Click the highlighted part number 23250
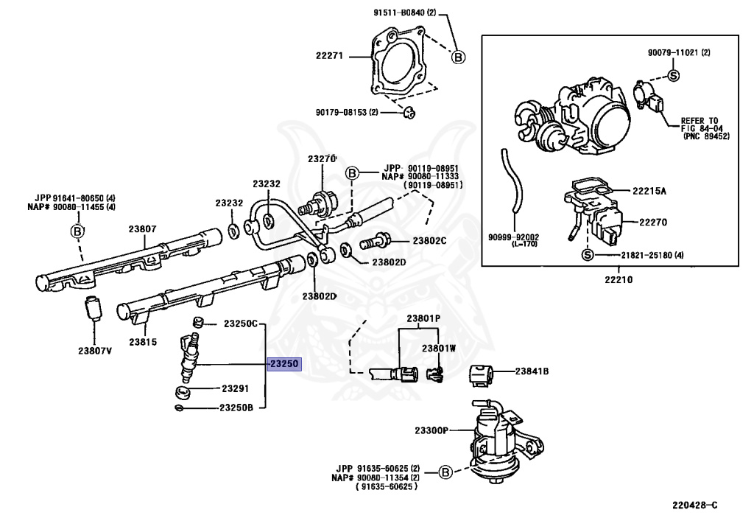point(284,364)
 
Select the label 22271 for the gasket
point(329,56)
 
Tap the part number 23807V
point(95,351)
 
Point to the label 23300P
point(431,430)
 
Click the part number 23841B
point(532,371)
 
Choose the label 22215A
point(649,191)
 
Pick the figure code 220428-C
point(694,505)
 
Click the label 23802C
point(429,240)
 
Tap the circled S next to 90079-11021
point(674,75)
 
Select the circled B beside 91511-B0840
point(458,57)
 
